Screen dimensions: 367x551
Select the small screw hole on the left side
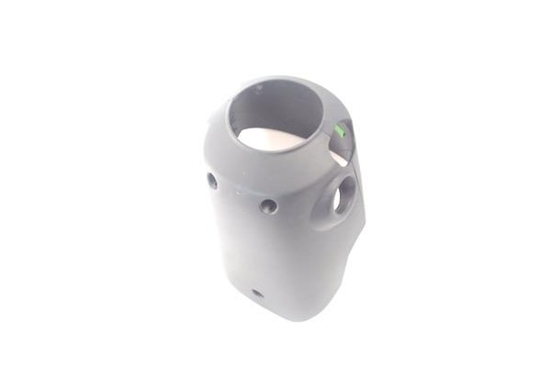(x=212, y=180)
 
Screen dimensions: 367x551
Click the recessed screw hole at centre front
(x=268, y=206)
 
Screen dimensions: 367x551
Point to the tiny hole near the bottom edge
(x=256, y=295)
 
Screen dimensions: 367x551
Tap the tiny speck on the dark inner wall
(x=259, y=89)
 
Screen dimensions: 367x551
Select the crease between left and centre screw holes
(x=240, y=193)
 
